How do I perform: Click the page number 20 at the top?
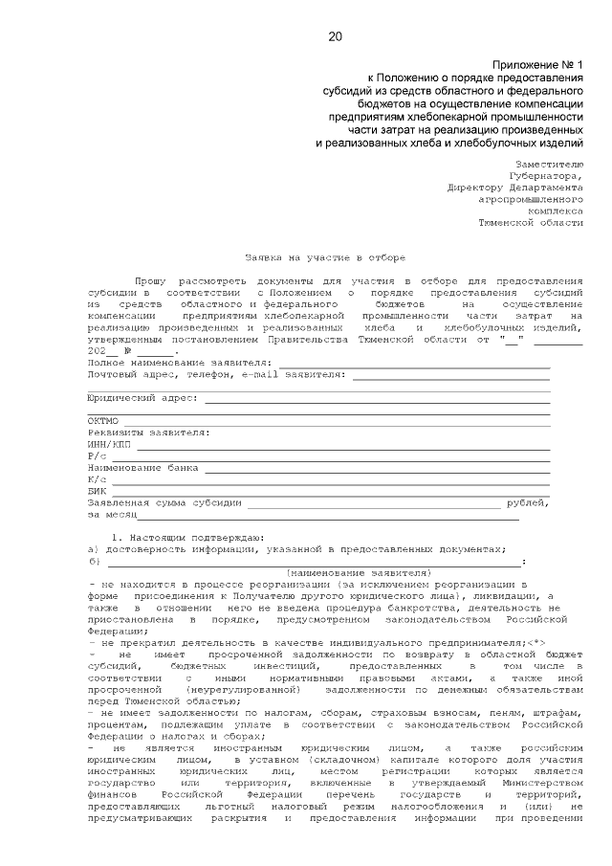click(x=335, y=37)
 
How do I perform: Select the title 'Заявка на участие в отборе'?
click(x=325, y=257)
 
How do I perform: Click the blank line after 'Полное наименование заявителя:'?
click(x=413, y=365)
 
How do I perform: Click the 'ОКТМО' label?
click(x=102, y=421)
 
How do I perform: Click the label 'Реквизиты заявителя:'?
click(x=148, y=433)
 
